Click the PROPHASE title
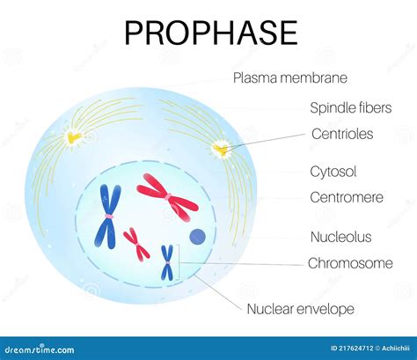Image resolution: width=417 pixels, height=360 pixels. coord(210,33)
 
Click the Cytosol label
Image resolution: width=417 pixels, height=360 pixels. coord(333,172)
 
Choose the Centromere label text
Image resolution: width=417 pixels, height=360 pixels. coord(347,197)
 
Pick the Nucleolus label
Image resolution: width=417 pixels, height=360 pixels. coord(340,237)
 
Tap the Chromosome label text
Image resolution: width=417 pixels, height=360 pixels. coord(350,263)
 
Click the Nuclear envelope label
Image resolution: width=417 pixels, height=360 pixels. coord(300,308)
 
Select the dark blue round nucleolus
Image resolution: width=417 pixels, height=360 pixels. coord(198,236)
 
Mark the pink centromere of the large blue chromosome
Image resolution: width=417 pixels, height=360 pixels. coord(110,216)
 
